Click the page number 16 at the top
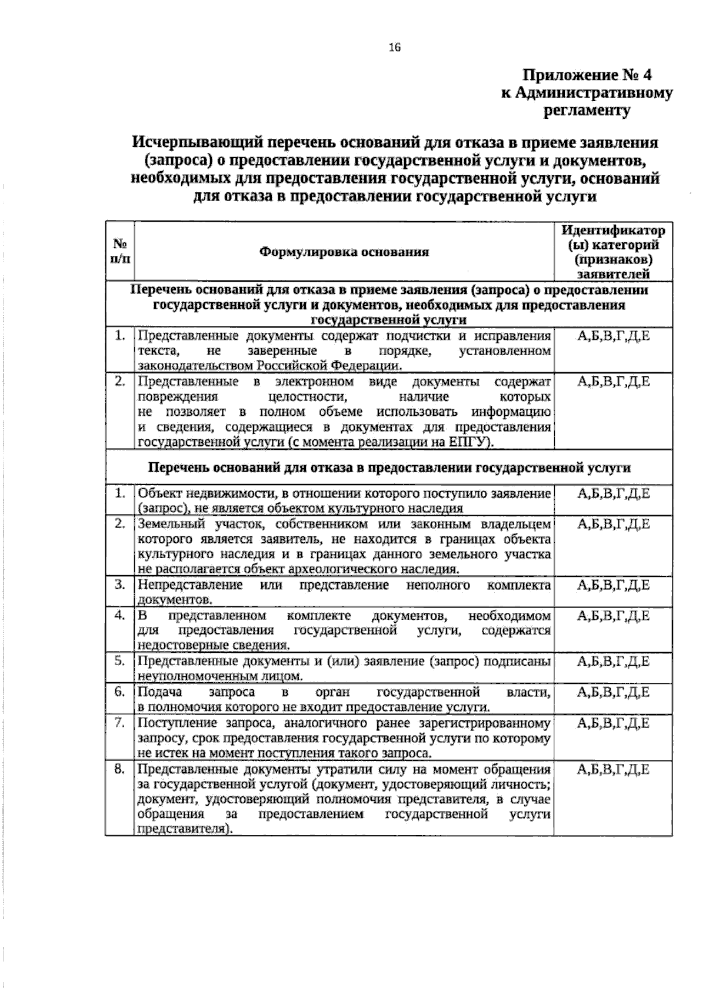(394, 48)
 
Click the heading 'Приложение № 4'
(588, 75)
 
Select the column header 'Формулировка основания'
(344, 252)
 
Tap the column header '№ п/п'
(120, 251)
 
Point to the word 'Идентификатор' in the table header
(613, 230)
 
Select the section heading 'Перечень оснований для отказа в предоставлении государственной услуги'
(389, 468)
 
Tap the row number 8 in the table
(120, 769)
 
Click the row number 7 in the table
(120, 723)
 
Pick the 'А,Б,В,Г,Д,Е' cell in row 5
(613, 662)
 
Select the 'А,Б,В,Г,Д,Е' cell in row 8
(613, 770)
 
